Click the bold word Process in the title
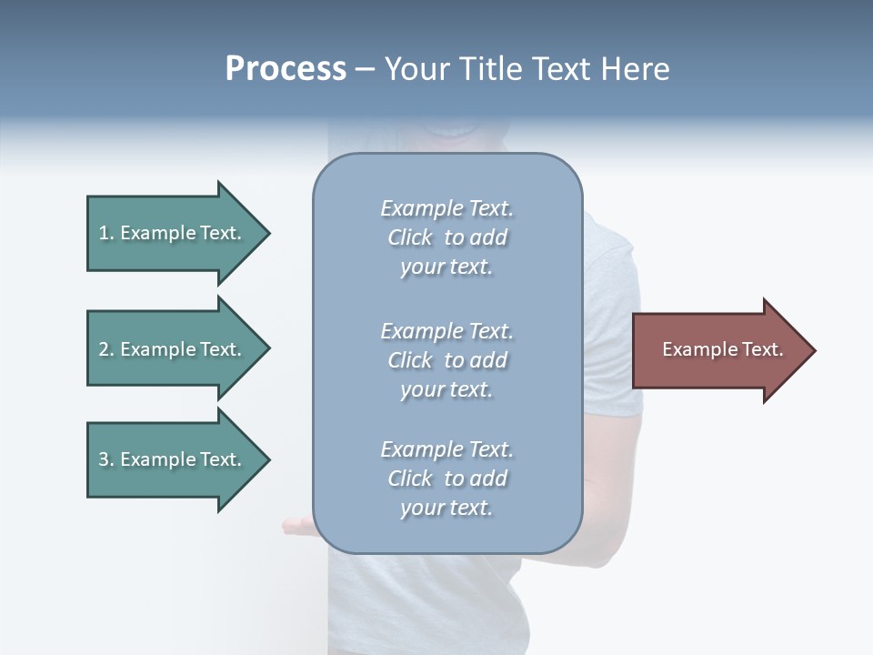click(x=286, y=69)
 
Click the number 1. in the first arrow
click(x=106, y=233)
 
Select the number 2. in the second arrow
click(x=106, y=349)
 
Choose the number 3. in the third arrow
click(x=106, y=459)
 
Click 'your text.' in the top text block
click(x=447, y=267)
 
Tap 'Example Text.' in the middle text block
click(x=447, y=331)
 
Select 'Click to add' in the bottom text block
click(x=447, y=479)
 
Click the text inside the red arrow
click(x=723, y=349)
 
